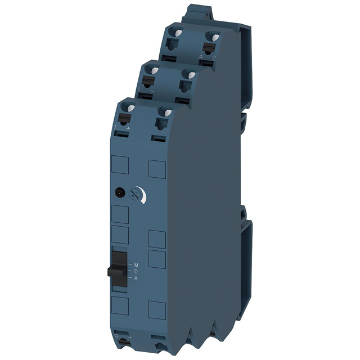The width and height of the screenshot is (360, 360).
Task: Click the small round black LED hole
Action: tap(120, 192)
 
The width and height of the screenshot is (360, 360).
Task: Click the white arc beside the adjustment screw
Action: tap(146, 196)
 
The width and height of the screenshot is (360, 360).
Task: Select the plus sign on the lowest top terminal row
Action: tap(129, 129)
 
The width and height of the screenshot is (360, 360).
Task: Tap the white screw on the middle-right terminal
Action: tap(192, 75)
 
